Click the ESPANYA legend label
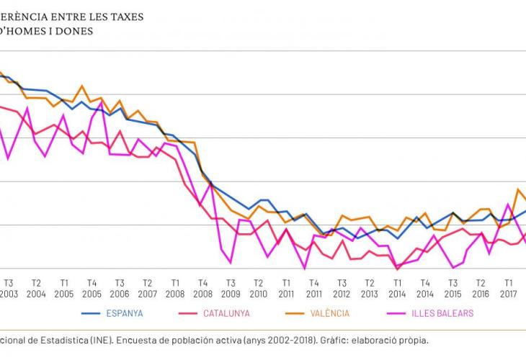[124, 313]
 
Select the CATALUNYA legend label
[226, 313]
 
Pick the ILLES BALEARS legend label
[442, 313]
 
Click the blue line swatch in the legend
[90, 313]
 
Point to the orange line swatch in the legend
[295, 313]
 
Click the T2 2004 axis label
[36, 288]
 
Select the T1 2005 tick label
[64, 288]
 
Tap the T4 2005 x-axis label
[92, 288]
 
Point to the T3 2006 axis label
[120, 288]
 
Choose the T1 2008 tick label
[175, 288]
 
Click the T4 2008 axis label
[202, 288]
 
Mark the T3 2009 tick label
[231, 288]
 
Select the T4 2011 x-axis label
[313, 288]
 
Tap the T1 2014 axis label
[396, 288]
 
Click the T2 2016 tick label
[481, 288]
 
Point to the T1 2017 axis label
[508, 288]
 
